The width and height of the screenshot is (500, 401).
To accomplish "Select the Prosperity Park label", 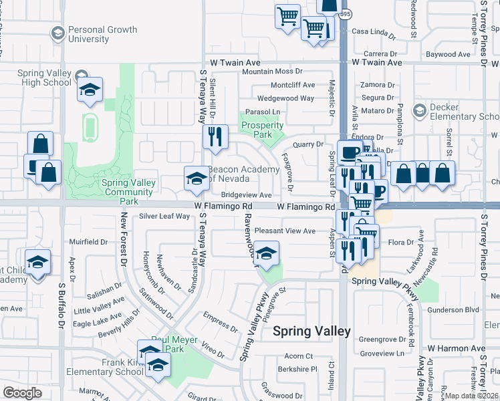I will (x=262, y=130).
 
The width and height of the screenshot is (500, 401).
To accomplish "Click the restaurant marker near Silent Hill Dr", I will (x=215, y=136).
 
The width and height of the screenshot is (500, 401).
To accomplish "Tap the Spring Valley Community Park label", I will (x=128, y=191).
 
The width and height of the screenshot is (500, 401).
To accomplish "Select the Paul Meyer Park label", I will (x=174, y=344).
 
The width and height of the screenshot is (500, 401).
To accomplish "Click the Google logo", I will (x=22, y=392).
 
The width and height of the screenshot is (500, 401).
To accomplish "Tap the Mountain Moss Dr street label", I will (x=273, y=71).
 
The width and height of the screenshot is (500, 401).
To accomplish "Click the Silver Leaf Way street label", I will (x=164, y=216).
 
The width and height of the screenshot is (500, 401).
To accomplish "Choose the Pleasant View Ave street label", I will (x=285, y=231).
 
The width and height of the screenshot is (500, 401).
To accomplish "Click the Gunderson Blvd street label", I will (x=454, y=309).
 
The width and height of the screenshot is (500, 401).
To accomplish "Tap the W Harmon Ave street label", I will (x=457, y=348).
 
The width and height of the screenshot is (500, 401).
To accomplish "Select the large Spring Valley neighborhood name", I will (x=311, y=331).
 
